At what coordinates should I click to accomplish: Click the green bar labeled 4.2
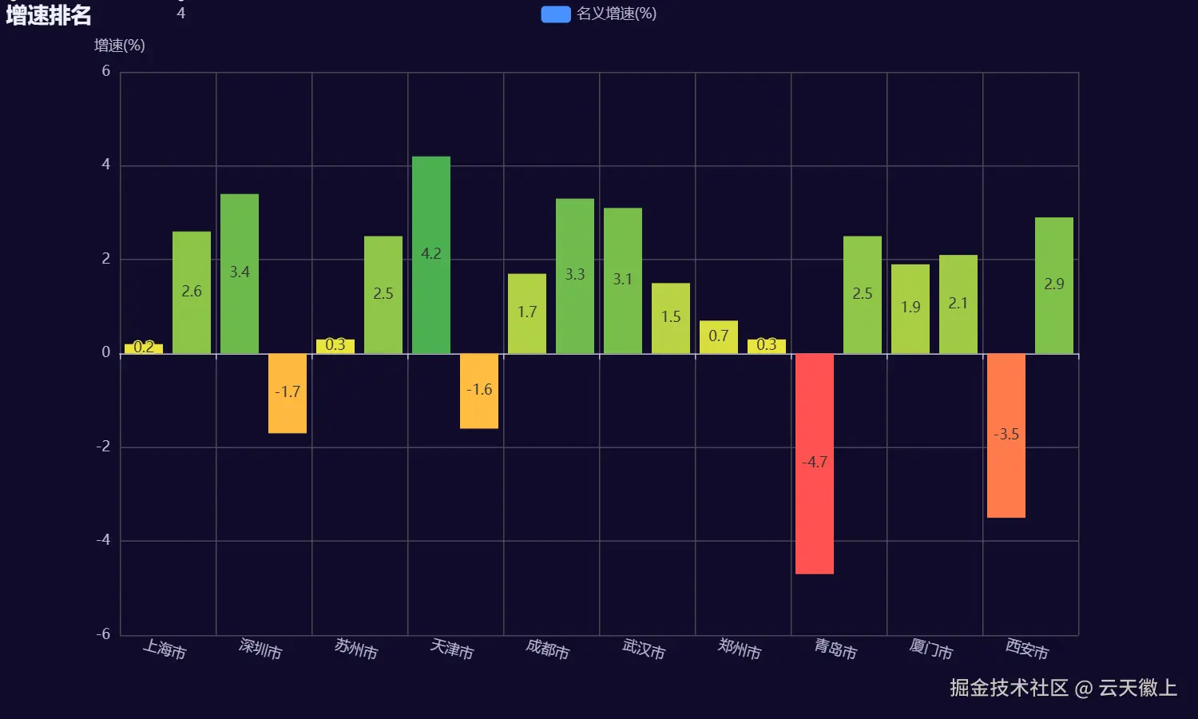(x=431, y=255)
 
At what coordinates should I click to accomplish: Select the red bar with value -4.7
(x=815, y=463)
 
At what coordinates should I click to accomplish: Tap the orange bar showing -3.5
(x=1006, y=435)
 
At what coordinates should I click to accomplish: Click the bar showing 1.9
(x=910, y=308)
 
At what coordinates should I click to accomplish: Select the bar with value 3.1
(x=623, y=280)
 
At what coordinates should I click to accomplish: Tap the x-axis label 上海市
(x=165, y=649)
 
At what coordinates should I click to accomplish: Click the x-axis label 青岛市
(x=835, y=649)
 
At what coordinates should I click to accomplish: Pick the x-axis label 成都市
(x=548, y=649)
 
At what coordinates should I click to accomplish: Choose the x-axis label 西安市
(x=1027, y=649)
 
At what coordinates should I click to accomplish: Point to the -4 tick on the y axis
(x=103, y=540)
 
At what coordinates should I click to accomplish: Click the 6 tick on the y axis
(x=106, y=71)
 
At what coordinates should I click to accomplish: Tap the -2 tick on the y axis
(x=103, y=447)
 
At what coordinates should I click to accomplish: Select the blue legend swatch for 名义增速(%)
(x=556, y=14)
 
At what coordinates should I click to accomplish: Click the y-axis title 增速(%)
(x=120, y=46)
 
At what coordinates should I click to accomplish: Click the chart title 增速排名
(x=49, y=15)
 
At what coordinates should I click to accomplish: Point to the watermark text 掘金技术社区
(x=1009, y=688)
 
